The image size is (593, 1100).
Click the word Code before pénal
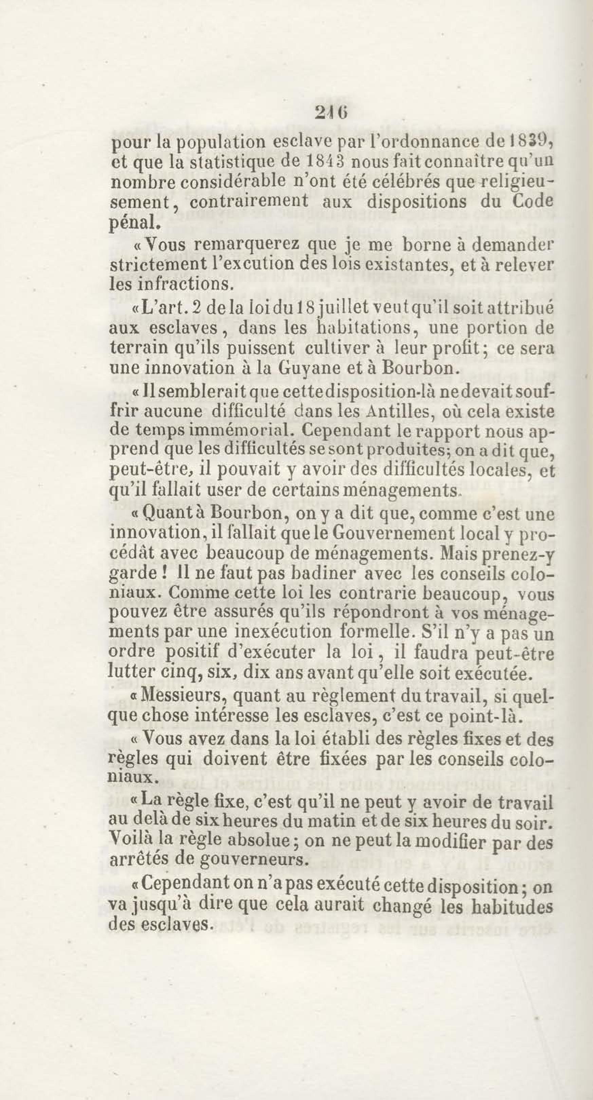[532, 201]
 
